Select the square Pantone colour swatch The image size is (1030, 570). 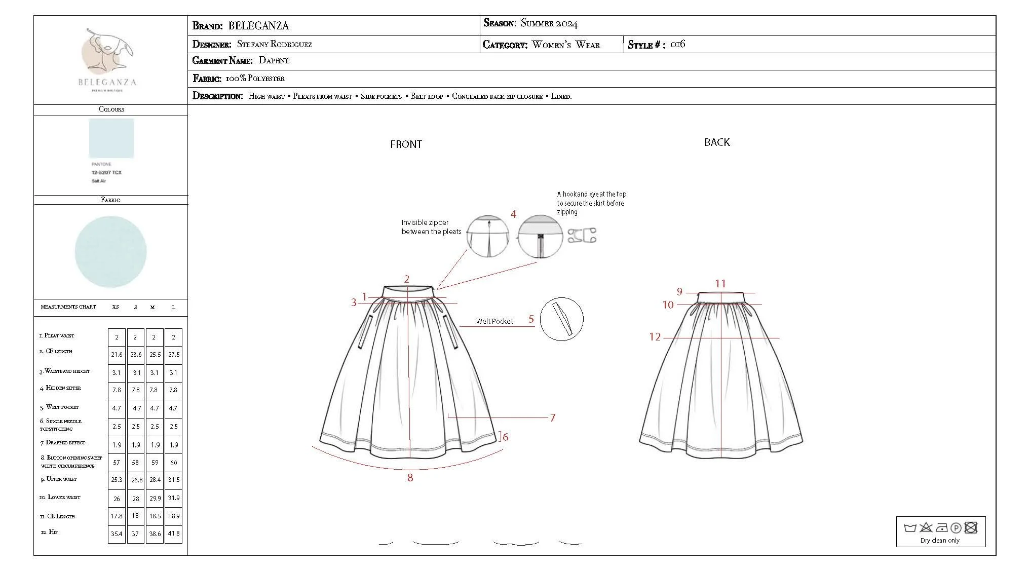111,138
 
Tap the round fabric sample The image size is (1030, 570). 110,252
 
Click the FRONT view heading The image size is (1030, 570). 406,144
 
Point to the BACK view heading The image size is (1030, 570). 717,142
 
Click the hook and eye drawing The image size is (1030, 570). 582,236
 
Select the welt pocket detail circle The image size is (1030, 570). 561,319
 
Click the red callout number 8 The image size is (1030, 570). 410,478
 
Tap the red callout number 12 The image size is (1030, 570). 655,337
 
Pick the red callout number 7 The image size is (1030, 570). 553,418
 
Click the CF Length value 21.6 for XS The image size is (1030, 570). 117,355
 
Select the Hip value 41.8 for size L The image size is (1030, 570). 174,534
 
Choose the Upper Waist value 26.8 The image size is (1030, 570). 136,480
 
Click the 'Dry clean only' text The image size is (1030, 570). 940,541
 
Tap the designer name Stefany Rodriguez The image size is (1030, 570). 275,45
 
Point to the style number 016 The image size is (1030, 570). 677,45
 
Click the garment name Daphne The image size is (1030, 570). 274,61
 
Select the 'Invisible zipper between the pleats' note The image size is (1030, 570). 431,227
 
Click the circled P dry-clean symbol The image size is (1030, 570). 956,528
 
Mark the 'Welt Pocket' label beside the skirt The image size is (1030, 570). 494,321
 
